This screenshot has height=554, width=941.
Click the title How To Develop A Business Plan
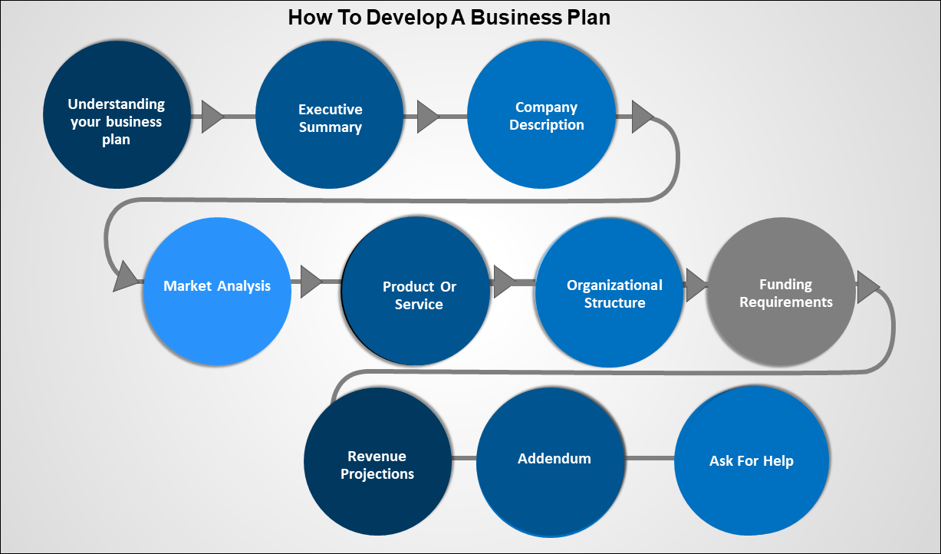pos(449,17)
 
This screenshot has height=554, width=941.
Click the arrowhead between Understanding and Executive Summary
pos(212,117)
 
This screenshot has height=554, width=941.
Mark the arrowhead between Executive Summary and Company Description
pos(426,117)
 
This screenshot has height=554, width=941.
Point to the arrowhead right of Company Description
pos(641,117)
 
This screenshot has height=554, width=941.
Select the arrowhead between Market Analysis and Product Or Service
pos(311,282)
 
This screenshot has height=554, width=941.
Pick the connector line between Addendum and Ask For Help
pos(650,459)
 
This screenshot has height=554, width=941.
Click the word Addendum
pos(554,459)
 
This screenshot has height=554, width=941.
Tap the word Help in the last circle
pos(777,461)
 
